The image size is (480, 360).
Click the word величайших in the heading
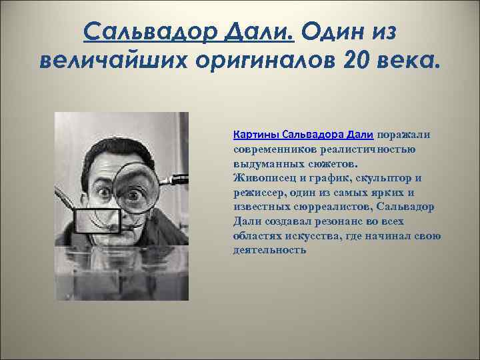113,61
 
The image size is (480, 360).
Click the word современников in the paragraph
275,149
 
